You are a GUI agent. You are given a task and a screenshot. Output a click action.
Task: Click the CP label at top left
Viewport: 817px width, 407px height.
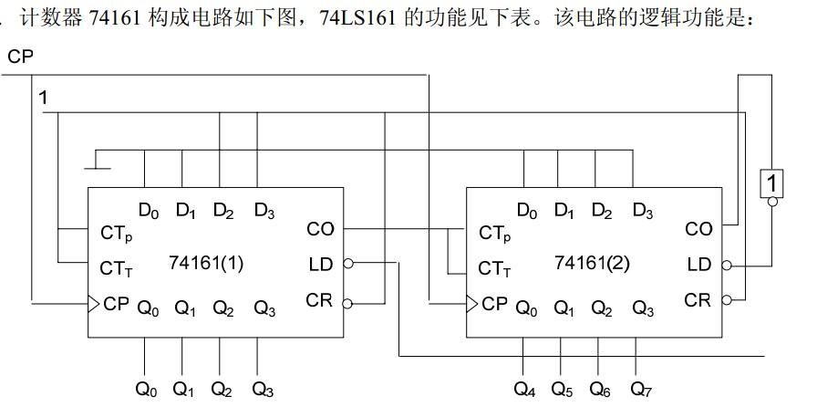[20, 57]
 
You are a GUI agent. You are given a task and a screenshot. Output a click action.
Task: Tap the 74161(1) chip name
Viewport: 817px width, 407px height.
[207, 263]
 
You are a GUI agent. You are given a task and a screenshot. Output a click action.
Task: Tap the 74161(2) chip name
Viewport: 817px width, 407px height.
[593, 263]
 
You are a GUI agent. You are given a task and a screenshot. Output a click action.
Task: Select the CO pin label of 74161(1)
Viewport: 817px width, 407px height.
[320, 229]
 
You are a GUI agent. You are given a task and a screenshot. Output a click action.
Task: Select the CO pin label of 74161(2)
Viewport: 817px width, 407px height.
[698, 229]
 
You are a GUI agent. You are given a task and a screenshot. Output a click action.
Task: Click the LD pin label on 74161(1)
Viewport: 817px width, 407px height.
[321, 265]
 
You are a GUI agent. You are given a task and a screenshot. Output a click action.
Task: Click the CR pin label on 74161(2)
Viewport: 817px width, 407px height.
[698, 299]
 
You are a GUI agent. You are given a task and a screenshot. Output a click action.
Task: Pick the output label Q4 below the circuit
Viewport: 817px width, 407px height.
[524, 390]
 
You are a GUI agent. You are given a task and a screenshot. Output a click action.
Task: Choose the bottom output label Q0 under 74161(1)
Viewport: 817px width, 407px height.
[146, 390]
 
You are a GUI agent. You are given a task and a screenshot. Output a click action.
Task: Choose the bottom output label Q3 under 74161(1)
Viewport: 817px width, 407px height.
[263, 390]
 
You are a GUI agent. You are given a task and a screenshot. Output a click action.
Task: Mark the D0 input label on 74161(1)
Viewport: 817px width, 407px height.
[149, 212]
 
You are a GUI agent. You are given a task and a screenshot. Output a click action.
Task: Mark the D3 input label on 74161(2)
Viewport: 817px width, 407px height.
[642, 212]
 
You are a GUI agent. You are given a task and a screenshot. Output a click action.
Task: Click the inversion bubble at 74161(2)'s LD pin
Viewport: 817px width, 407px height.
[727, 266]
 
